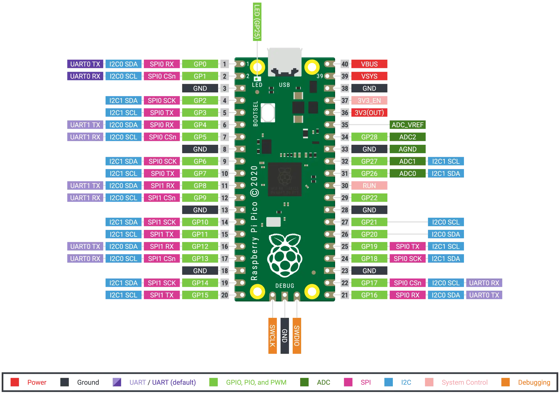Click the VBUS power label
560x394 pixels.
(369, 64)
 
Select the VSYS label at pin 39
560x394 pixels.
(369, 76)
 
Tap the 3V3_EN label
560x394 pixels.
(369, 101)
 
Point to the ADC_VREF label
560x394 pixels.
(407, 125)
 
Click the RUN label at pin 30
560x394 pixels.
(369, 186)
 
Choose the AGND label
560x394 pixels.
(407, 149)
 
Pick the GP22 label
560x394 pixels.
(369, 198)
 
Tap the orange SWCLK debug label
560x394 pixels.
(272, 335)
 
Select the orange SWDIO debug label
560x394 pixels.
(297, 335)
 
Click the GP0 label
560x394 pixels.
(200, 64)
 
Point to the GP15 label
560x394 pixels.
(200, 295)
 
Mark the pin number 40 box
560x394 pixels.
(345, 64)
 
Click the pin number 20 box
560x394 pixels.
(225, 295)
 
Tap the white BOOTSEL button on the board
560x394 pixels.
(268, 113)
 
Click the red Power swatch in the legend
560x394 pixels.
(15, 382)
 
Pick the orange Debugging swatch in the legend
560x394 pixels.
(505, 382)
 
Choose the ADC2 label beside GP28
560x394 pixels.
(407, 137)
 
